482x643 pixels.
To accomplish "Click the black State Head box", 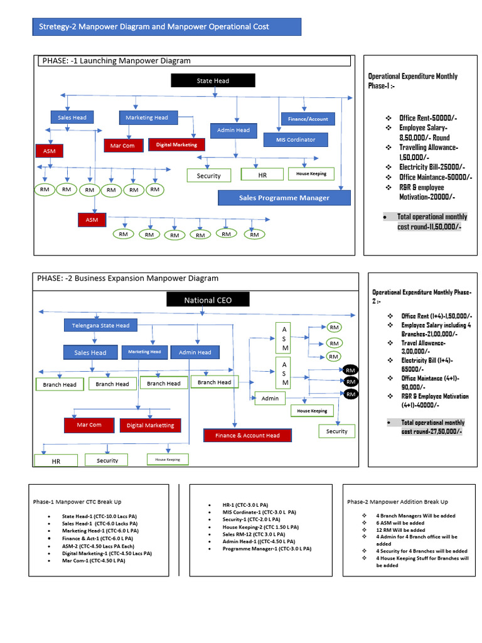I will click(x=213, y=80).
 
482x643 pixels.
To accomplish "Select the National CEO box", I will click(x=208, y=300).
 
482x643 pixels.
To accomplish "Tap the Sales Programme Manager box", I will click(x=284, y=198).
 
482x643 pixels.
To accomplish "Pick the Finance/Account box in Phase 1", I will click(x=308, y=119).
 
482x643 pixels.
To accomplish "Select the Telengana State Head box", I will click(x=100, y=325).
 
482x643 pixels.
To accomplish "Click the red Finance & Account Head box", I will click(x=247, y=435).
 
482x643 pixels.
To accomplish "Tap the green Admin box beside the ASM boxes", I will click(x=270, y=398).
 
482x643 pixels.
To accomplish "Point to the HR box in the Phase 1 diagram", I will click(x=262, y=175).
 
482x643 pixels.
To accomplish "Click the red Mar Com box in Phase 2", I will click(x=89, y=425).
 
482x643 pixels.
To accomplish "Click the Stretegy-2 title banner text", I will click(x=154, y=26).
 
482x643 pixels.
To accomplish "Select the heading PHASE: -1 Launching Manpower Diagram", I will click(x=116, y=61).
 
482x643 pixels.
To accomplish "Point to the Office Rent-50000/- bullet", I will click(x=428, y=118).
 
